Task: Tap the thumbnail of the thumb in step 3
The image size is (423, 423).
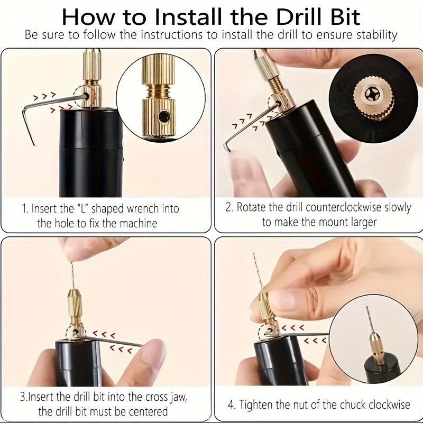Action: point(154,350)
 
